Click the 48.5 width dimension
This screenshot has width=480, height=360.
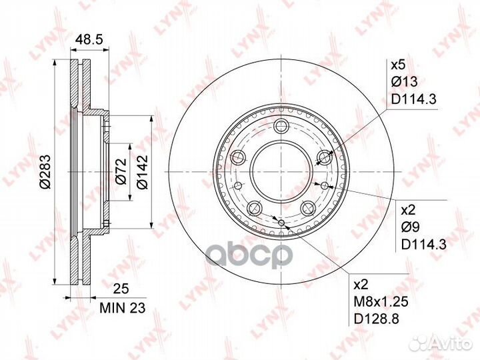pyautogui.click(x=89, y=40)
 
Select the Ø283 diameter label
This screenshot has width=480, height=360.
pyautogui.click(x=45, y=171)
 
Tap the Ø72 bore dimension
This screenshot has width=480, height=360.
pyautogui.click(x=121, y=171)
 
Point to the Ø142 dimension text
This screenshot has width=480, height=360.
pyautogui.click(x=143, y=172)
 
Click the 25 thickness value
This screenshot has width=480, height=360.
pyautogui.click(x=121, y=289)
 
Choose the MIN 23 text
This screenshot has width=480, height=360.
pyautogui.click(x=123, y=308)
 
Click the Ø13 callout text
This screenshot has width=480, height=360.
pyautogui.click(x=404, y=82)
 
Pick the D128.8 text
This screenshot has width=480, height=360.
pyautogui.click(x=377, y=319)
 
